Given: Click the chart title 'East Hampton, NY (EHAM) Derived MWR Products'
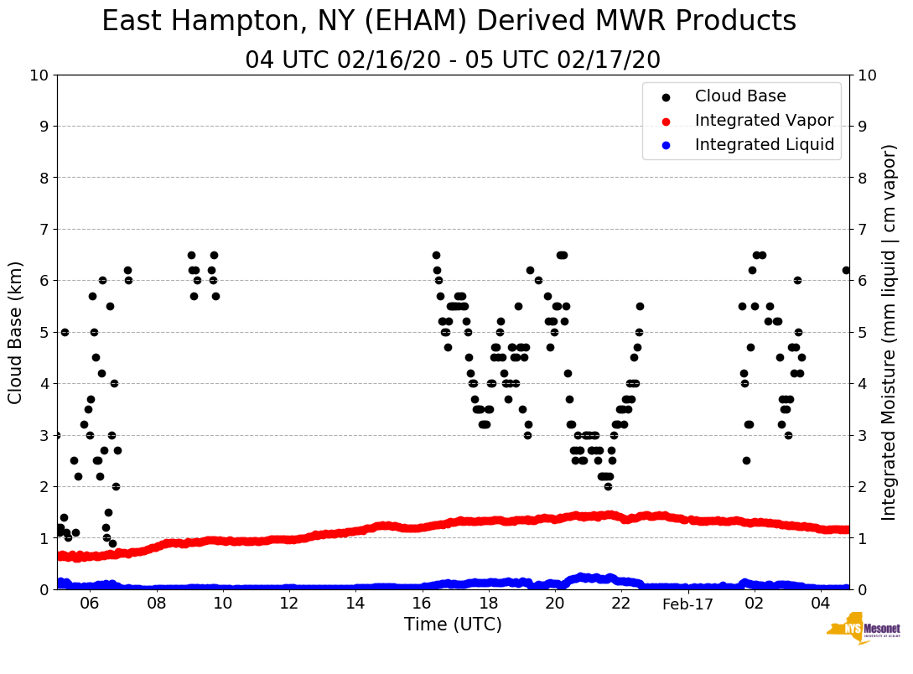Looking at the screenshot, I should tap(449, 22).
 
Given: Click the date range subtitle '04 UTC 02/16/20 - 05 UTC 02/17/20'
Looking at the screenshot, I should tap(453, 60).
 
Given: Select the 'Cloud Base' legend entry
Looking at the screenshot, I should tap(740, 96).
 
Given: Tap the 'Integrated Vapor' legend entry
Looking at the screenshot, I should tap(764, 121).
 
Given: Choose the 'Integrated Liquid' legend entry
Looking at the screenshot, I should tap(765, 145).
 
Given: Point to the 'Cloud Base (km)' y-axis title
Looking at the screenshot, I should tap(16, 331).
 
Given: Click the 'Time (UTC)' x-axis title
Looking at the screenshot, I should tap(453, 625).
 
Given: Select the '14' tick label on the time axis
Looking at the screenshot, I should tap(355, 604).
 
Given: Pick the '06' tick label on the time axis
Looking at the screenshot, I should tap(90, 604).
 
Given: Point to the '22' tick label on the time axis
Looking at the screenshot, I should tap(621, 604).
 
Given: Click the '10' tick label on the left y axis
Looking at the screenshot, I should tap(39, 75).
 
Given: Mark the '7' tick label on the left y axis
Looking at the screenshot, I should tap(44, 230).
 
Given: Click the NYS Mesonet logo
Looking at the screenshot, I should tap(863, 630).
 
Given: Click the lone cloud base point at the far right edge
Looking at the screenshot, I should tap(846, 270).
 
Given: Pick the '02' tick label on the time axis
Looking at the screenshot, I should tap(755, 604).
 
